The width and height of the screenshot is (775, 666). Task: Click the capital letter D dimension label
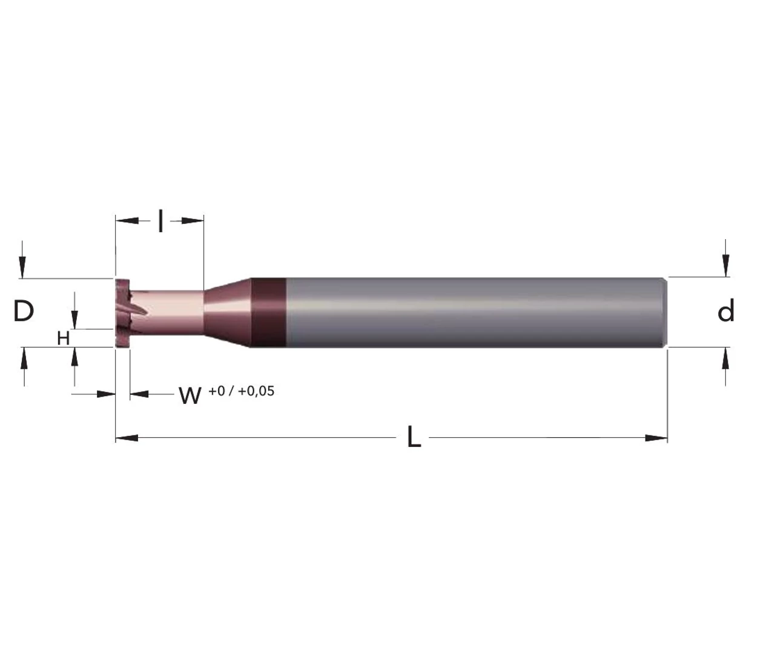pos(24,311)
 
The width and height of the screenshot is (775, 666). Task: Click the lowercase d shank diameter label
pos(725,311)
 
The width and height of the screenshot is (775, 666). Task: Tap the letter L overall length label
pos(414,437)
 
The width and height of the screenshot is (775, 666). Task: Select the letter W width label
pos(190,395)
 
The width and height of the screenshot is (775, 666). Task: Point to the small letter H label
pos(64,338)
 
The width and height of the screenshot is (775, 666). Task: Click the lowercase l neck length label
pos(161,221)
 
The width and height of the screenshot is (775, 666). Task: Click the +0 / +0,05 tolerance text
pos(242,391)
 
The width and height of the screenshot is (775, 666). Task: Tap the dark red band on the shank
pos(268,312)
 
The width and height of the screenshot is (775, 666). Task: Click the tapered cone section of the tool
pos(227,312)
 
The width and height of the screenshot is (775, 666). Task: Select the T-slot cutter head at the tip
pos(122,313)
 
